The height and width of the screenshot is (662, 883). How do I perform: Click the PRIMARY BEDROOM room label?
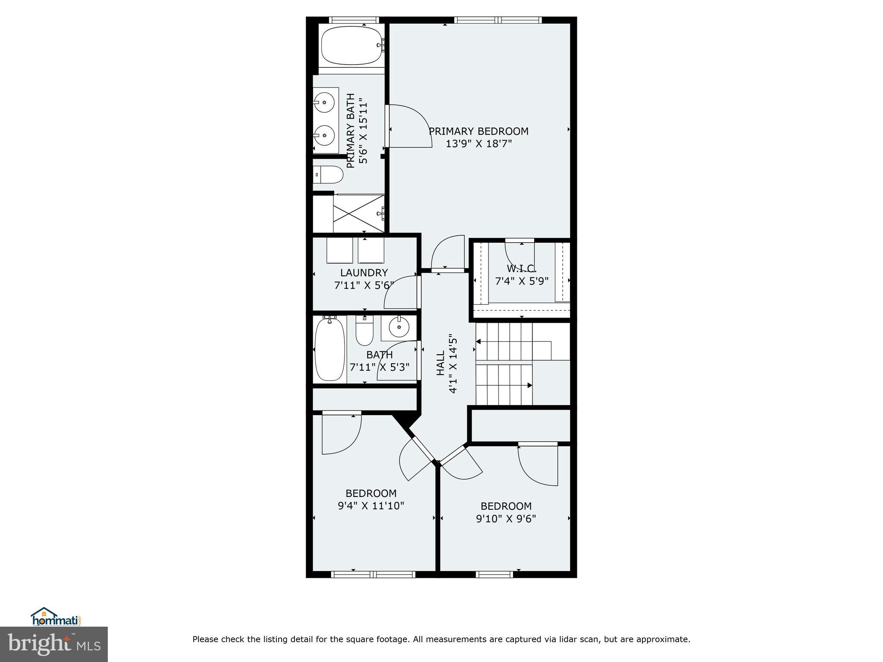(x=479, y=131)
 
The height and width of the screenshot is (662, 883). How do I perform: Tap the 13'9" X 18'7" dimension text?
(x=479, y=144)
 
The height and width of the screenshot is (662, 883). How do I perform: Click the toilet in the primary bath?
(x=329, y=175)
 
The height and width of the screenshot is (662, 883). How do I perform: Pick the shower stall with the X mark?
(x=358, y=214)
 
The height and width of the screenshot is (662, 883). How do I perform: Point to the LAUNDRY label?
(x=364, y=273)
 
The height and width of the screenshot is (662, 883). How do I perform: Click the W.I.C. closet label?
(x=521, y=269)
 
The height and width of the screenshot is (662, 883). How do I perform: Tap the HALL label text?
(x=440, y=363)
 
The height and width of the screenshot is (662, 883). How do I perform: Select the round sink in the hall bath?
(x=399, y=328)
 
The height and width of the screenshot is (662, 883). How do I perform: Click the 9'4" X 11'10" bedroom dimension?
(x=371, y=506)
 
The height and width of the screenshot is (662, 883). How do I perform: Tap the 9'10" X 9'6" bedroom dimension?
(x=506, y=518)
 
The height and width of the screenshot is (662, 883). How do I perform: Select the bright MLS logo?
(x=54, y=644)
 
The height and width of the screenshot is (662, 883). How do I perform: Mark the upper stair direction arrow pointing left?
(x=478, y=342)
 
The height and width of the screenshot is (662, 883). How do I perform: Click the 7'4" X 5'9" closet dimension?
(x=521, y=281)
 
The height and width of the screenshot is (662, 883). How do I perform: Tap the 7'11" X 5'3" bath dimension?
(x=379, y=367)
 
